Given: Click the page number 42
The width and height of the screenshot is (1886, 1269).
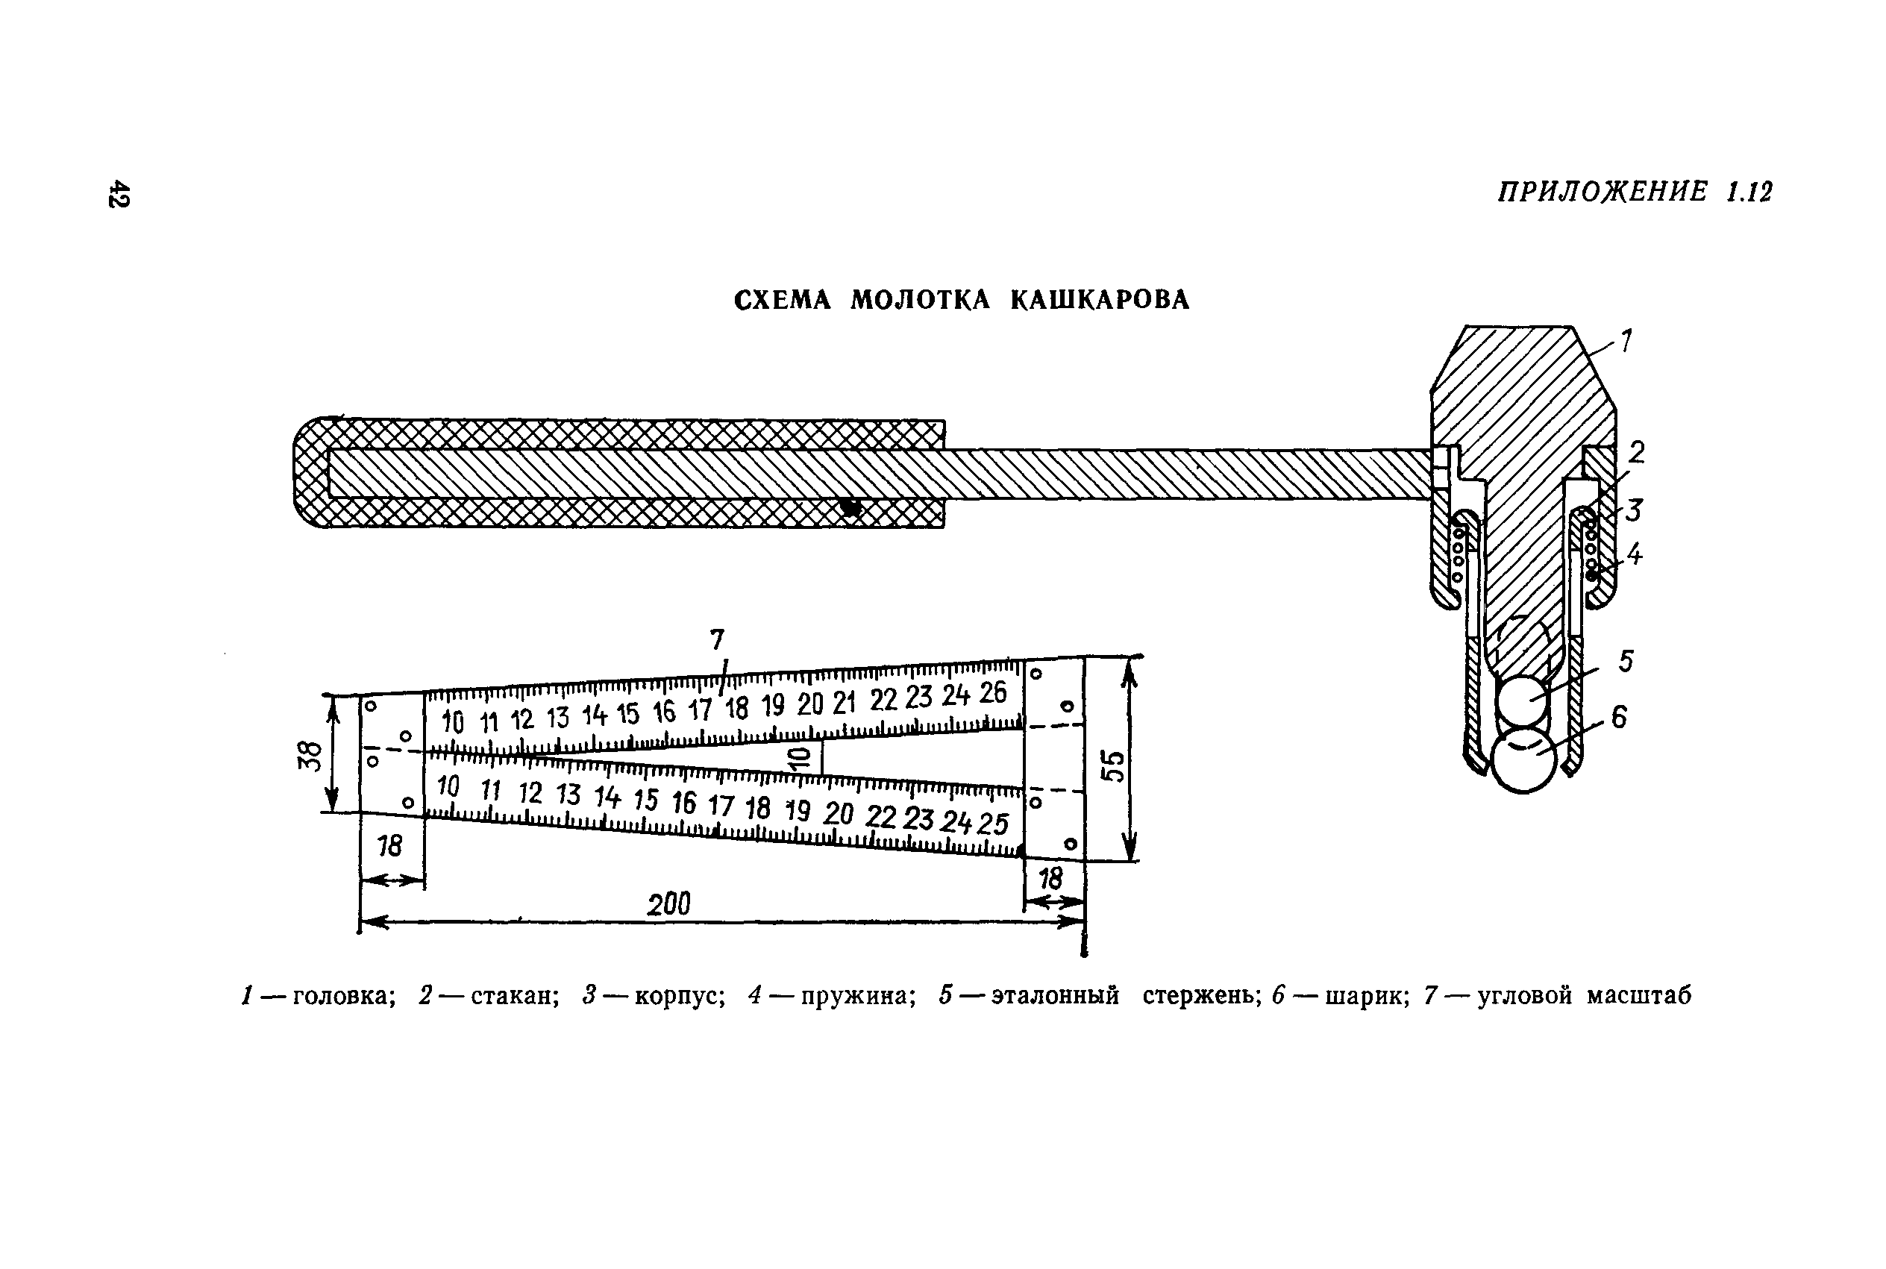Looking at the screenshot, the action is pyautogui.click(x=118, y=193).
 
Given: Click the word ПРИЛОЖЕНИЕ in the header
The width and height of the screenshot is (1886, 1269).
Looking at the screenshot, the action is pyautogui.click(x=1602, y=192).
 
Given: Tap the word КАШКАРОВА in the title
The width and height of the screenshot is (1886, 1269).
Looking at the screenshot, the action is pyautogui.click(x=1100, y=300).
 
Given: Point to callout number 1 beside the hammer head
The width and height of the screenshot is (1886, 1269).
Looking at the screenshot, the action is pyautogui.click(x=1626, y=341).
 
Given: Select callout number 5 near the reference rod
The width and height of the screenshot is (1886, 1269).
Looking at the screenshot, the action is pyautogui.click(x=1626, y=661).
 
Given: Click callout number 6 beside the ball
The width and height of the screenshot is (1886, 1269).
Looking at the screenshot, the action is pyautogui.click(x=1618, y=717).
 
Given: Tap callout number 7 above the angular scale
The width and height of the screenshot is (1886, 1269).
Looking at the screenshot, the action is pyautogui.click(x=717, y=640).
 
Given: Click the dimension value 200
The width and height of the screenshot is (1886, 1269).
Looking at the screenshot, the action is pyautogui.click(x=668, y=904).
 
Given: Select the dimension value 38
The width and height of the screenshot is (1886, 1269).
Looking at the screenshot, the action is pyautogui.click(x=310, y=756).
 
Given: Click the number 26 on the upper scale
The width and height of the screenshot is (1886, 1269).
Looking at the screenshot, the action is pyautogui.click(x=993, y=693).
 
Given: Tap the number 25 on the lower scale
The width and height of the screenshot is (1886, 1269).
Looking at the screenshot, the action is pyautogui.click(x=992, y=824).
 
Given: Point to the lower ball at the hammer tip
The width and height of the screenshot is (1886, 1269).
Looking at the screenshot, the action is pyautogui.click(x=1523, y=761).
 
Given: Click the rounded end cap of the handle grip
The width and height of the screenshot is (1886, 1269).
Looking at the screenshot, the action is pyautogui.click(x=312, y=473).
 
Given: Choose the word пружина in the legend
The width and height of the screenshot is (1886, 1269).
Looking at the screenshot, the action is pyautogui.click(x=859, y=995).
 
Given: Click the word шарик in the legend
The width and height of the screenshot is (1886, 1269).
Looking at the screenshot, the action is pyautogui.click(x=1367, y=995).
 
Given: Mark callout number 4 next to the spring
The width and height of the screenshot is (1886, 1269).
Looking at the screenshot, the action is pyautogui.click(x=1635, y=554).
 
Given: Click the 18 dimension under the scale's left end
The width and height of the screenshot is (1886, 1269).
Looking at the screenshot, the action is pyautogui.click(x=389, y=846).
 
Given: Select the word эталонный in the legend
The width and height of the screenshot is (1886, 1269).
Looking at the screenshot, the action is pyautogui.click(x=1055, y=995).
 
